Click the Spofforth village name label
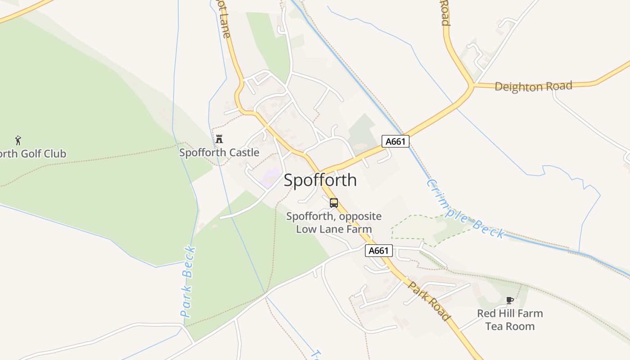[320, 180]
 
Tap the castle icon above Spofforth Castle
[219, 139]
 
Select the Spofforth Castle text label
[219, 153]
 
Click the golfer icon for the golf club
[18, 140]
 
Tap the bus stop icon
[333, 202]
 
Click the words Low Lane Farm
[334, 229]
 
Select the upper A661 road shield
[396, 141]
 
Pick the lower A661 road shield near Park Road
[378, 251]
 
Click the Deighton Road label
[533, 86]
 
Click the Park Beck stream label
[188, 282]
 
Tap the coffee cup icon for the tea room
[509, 300]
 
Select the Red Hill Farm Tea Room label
[510, 319]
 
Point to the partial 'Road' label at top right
[444, 13]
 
